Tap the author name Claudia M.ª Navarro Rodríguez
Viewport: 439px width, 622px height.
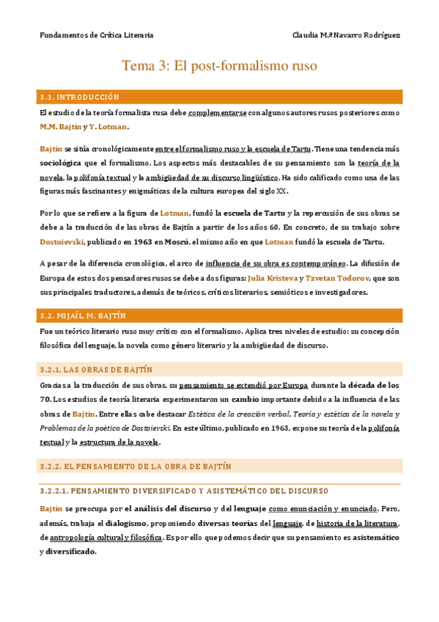point(346,35)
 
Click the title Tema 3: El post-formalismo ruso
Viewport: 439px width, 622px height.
point(219,66)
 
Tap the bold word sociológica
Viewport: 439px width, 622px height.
point(62,163)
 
